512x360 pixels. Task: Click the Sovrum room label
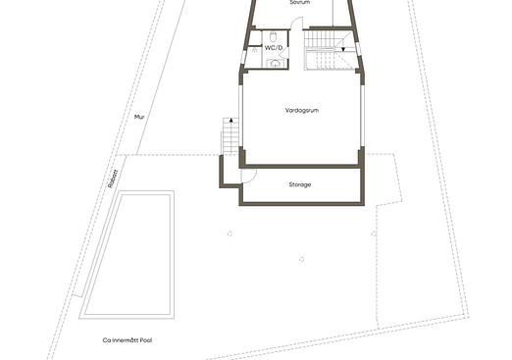point(300,3)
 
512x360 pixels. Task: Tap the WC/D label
point(274,47)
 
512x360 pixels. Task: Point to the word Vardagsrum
point(302,110)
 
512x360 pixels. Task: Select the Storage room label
point(300,184)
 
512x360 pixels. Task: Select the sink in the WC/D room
point(276,62)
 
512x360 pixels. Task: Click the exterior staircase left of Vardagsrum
point(230,135)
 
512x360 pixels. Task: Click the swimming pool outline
point(128,253)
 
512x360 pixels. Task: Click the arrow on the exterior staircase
point(231,123)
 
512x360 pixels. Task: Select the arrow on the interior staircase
point(342,46)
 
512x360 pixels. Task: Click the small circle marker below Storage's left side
point(229,233)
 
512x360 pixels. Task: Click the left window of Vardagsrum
point(240,117)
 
